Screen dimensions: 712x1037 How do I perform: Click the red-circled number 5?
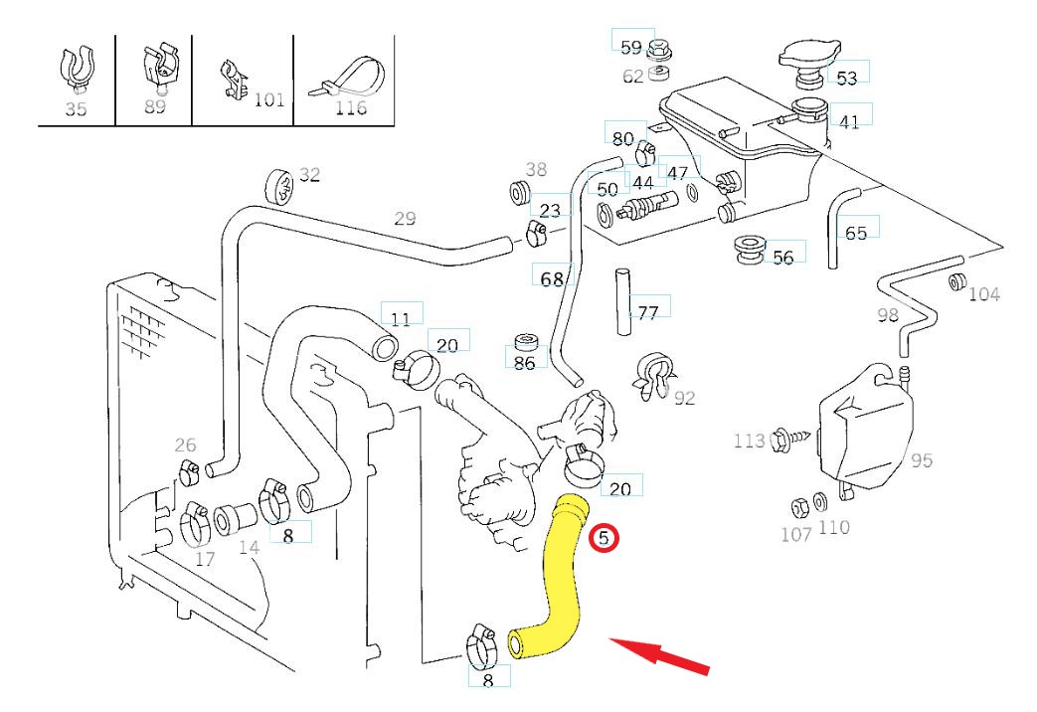point(604,539)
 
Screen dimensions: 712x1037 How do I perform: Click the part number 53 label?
point(846,78)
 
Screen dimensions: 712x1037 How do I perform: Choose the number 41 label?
point(849,122)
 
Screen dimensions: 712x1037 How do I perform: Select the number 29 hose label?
point(405,219)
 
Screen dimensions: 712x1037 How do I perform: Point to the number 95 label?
point(922,460)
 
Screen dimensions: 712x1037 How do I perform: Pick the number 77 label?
point(648,313)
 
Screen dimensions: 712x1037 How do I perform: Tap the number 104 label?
point(984,293)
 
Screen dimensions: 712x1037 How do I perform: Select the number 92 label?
point(684,399)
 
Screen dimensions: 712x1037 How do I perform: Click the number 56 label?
point(783,257)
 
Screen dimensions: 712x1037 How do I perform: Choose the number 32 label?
point(310,175)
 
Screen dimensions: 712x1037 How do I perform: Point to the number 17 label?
point(205,560)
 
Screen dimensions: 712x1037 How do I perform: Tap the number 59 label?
point(631,47)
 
